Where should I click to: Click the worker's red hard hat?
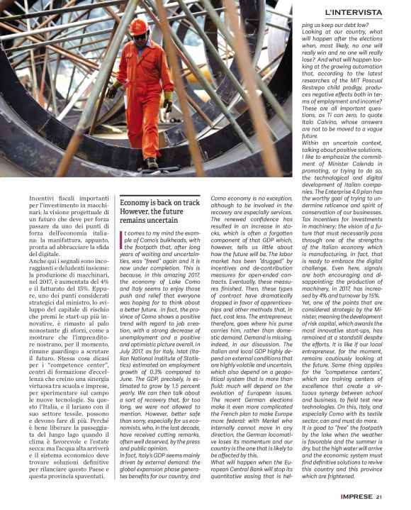(x=139, y=27)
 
